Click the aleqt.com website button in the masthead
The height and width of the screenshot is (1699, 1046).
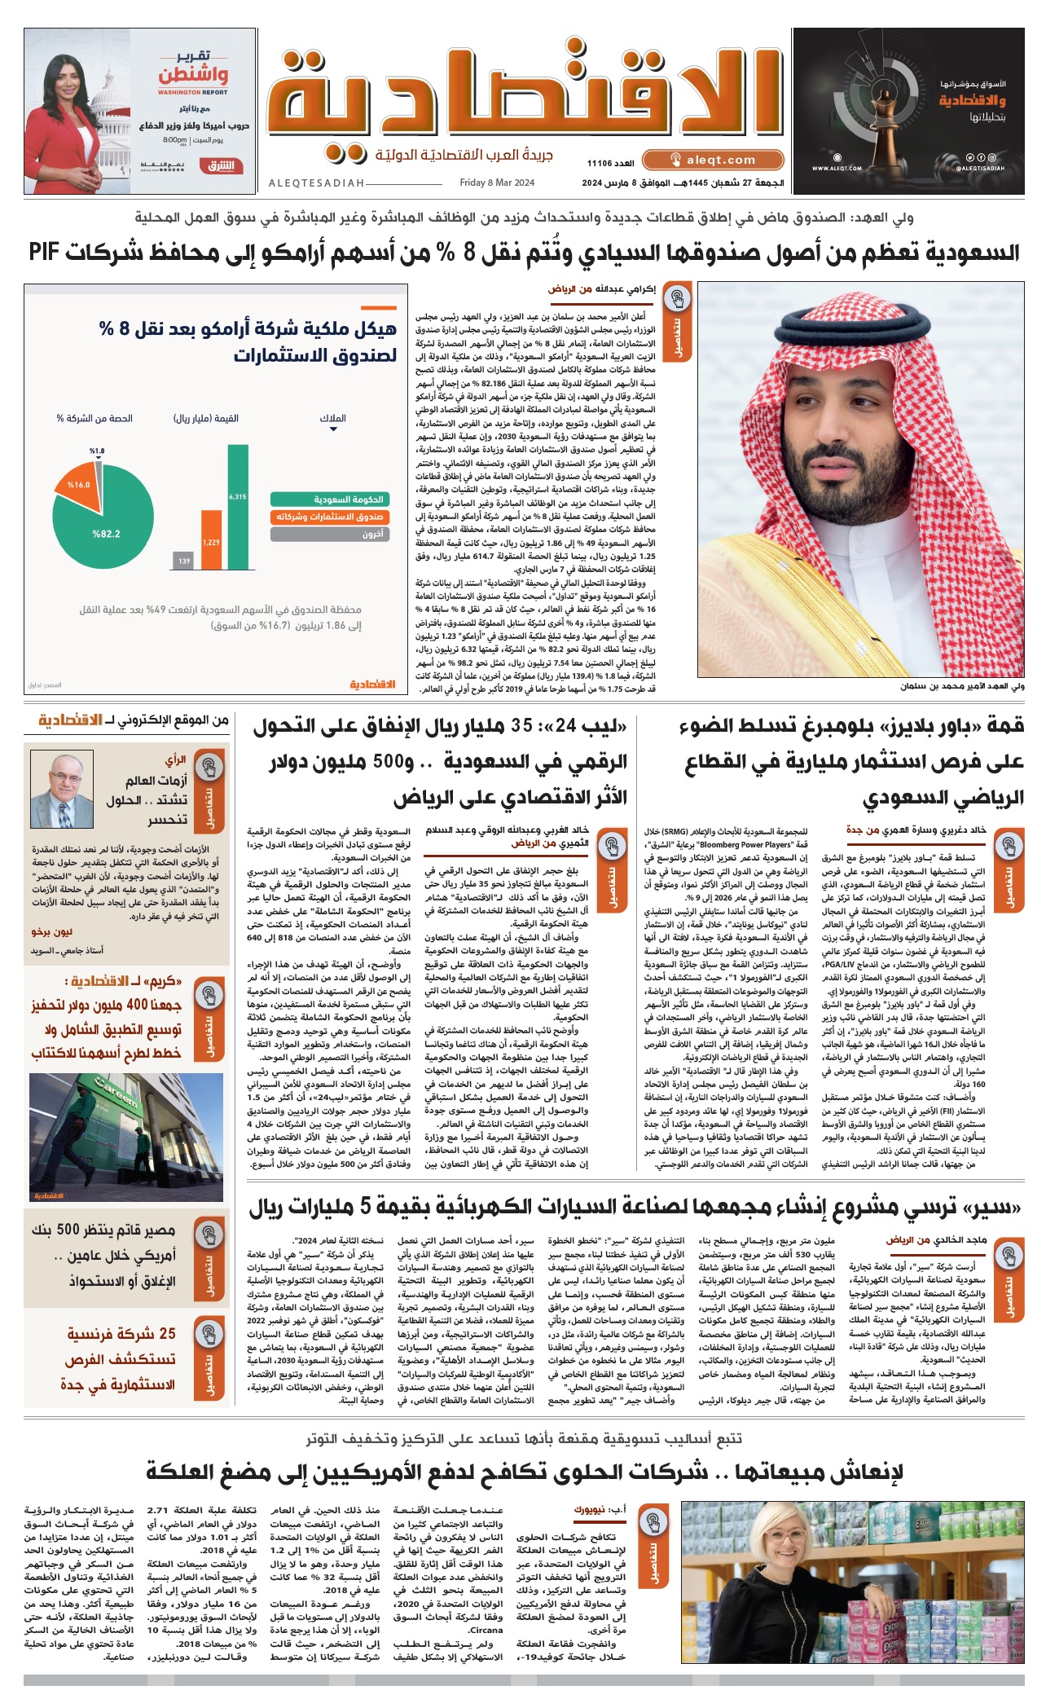[x=713, y=161]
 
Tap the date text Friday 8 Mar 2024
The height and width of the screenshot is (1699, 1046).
[x=497, y=183]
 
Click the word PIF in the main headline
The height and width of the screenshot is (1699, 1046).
[x=44, y=253]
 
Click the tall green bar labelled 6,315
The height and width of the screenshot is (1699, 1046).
[x=238, y=506]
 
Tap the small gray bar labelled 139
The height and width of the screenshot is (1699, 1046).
[x=184, y=561]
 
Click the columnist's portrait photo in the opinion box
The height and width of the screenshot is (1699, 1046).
[x=61, y=790]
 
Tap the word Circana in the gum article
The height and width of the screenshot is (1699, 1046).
[x=486, y=1629]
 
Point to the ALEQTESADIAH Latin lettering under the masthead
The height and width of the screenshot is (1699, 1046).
[x=317, y=183]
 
